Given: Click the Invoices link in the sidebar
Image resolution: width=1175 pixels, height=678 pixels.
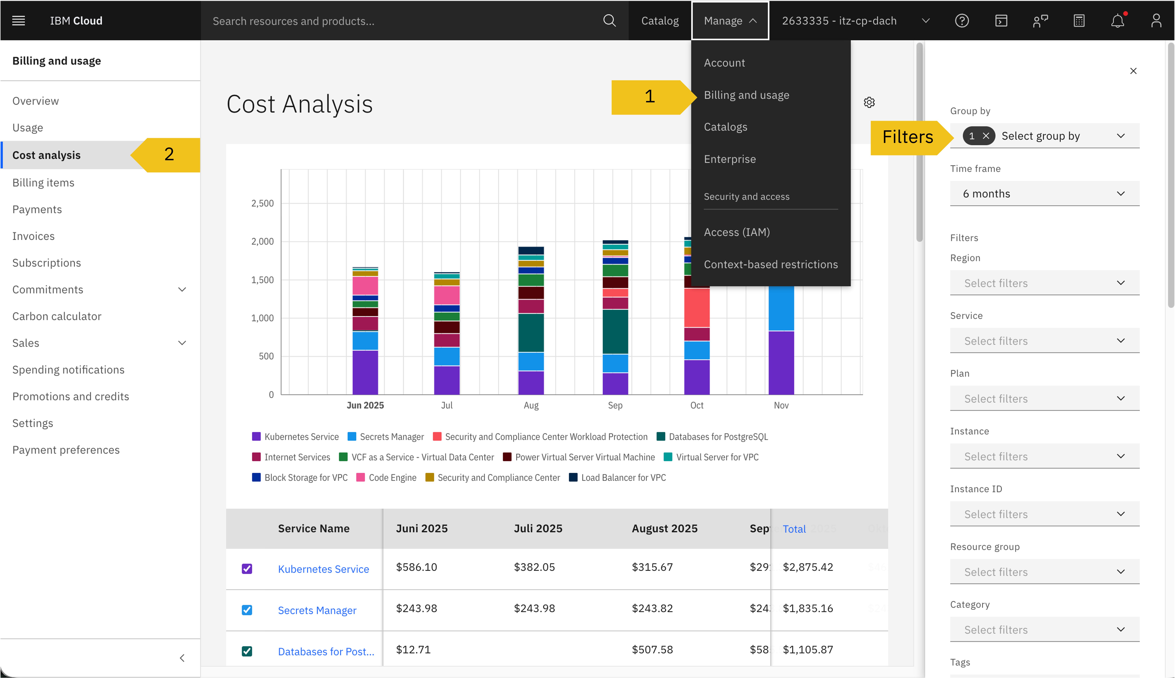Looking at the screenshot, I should (x=33, y=236).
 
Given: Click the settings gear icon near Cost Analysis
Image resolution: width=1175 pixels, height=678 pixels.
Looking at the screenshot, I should (x=869, y=103).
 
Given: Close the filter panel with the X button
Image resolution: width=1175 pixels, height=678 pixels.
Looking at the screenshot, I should (x=1133, y=71).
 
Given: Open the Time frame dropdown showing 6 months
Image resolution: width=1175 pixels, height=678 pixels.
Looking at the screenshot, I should (x=1044, y=194).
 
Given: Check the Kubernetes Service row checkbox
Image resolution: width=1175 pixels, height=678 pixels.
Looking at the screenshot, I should (x=247, y=569).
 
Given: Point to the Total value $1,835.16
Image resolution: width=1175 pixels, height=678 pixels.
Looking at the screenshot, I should (x=807, y=608).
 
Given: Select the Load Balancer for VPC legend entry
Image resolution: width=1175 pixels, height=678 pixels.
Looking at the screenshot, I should (x=623, y=477).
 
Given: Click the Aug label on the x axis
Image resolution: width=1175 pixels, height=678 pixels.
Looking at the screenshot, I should (x=531, y=405).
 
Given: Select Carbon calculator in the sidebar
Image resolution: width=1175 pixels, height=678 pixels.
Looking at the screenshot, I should (x=57, y=316).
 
